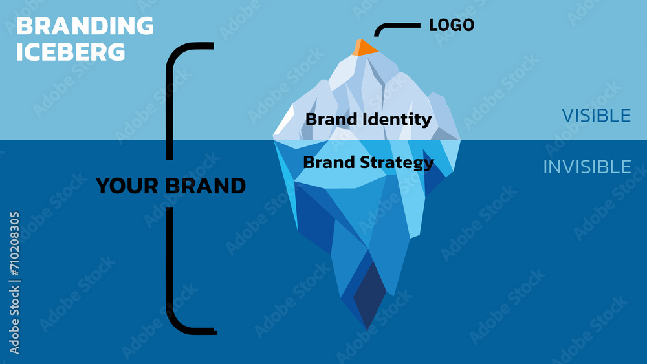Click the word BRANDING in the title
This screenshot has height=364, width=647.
point(85,27)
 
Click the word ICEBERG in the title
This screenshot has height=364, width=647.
point(71,52)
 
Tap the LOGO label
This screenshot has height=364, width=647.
point(452,25)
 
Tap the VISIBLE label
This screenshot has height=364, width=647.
point(596,115)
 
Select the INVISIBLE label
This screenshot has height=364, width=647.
point(587,167)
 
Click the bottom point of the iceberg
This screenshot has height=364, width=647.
point(367,329)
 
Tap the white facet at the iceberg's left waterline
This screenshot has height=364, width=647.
point(285,126)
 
